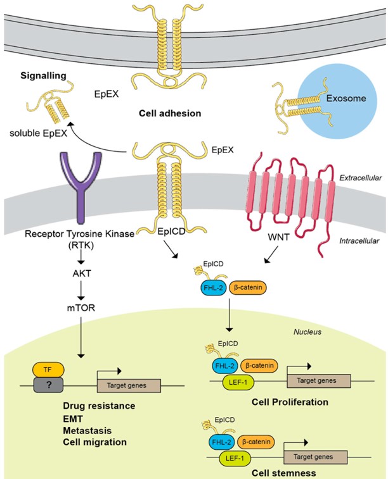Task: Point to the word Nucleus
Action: pos(309,330)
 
